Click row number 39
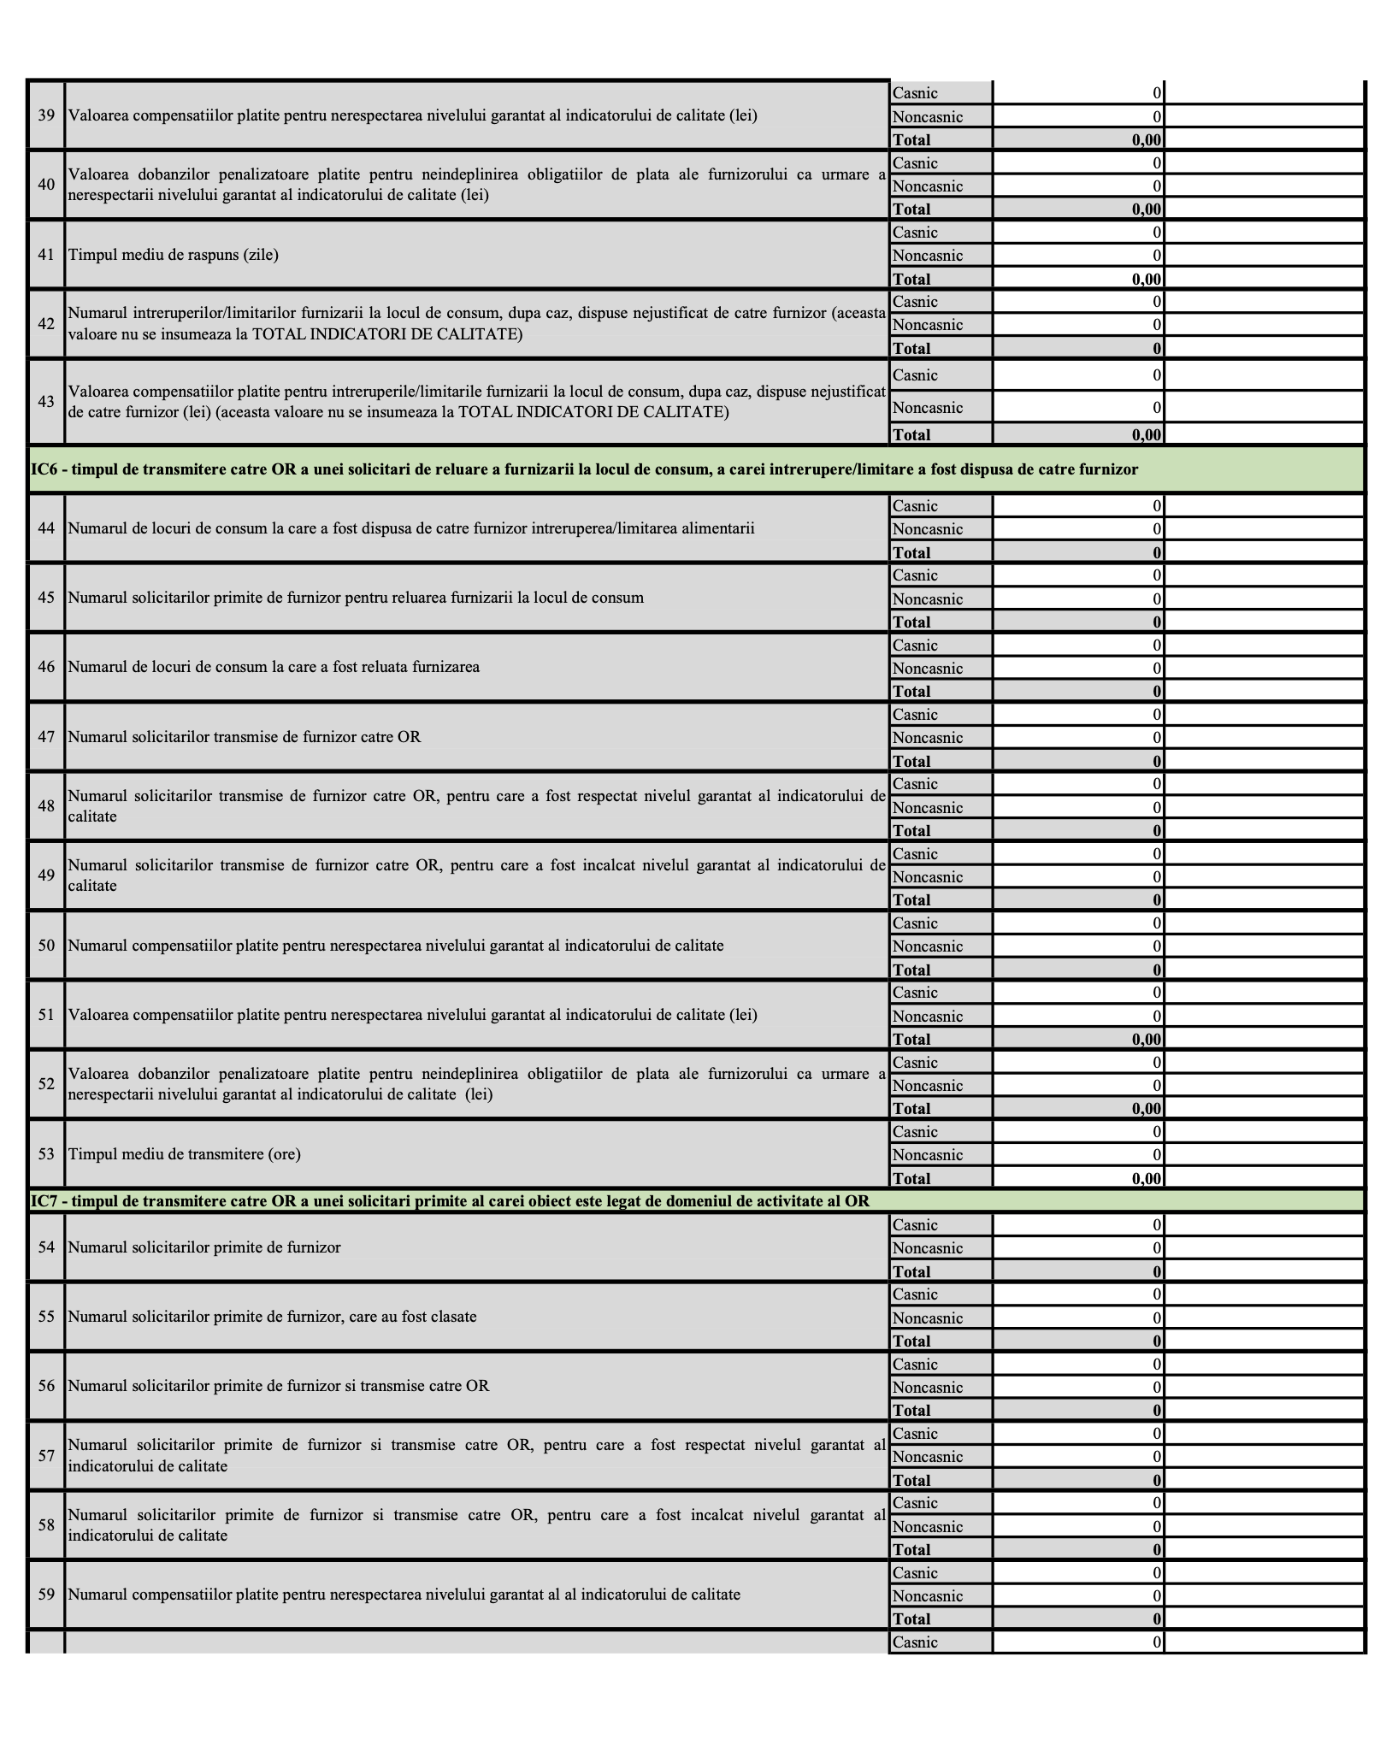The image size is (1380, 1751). [x=46, y=115]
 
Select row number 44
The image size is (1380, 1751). [x=46, y=528]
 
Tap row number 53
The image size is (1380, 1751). [x=46, y=1154]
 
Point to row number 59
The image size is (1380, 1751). [x=46, y=1595]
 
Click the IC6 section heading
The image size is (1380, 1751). [x=584, y=469]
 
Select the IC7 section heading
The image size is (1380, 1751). [x=450, y=1201]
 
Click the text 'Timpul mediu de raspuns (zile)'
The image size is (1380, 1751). [x=173, y=255]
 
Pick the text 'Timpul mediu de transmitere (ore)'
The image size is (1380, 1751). [x=184, y=1154]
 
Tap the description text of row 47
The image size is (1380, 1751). [x=244, y=737]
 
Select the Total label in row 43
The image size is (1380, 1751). [x=911, y=434]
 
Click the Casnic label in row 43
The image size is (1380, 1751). [x=915, y=375]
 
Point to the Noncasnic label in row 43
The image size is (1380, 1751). [x=928, y=408]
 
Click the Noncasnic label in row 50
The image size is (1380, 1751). [x=928, y=946]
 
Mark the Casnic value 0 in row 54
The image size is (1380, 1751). [x=1157, y=1225]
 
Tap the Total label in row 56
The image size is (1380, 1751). [x=911, y=1411]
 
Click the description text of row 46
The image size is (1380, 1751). [x=274, y=667]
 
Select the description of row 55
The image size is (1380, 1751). [x=272, y=1317]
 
